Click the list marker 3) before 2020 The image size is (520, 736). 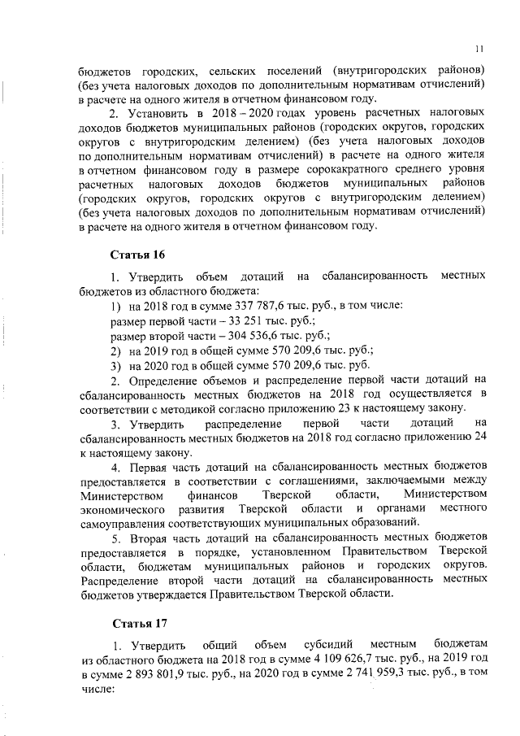pos(115,364)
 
